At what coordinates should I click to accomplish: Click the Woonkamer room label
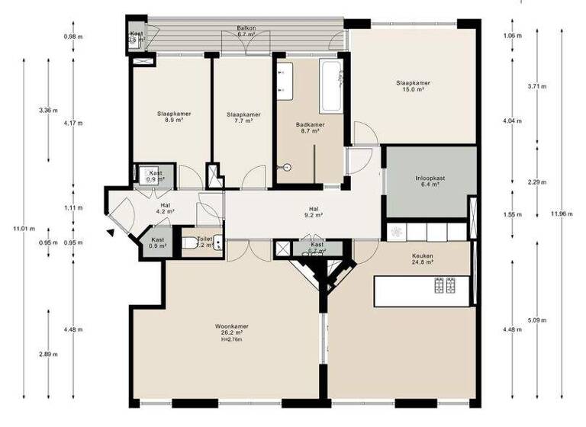tap(232, 329)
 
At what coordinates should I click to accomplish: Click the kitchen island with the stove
tap(422, 291)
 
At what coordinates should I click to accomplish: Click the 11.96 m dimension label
tap(561, 213)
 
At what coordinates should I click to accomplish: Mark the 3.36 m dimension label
tap(48, 111)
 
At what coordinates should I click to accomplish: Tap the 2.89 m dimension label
tap(48, 355)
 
